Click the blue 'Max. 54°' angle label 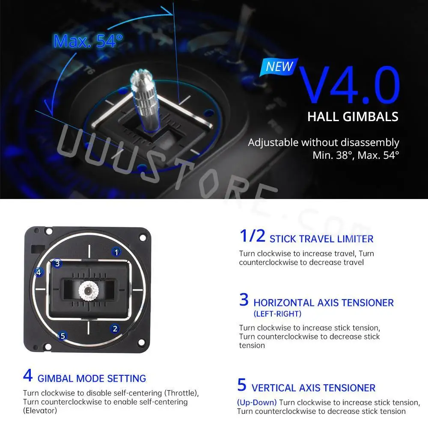[88, 41]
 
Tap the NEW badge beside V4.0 [279, 66]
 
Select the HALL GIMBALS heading [353, 116]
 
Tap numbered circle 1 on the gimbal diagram [116, 252]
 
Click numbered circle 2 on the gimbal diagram [115, 329]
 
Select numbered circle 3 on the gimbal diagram [58, 263]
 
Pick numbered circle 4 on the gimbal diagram [39, 272]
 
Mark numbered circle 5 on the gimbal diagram [62, 336]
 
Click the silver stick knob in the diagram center [88, 291]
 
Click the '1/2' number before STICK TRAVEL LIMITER [252, 236]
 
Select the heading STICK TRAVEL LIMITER [321, 239]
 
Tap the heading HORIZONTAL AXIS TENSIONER [323, 303]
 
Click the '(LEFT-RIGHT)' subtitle [277, 314]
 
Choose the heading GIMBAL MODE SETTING [92, 378]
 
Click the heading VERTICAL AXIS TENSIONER [313, 388]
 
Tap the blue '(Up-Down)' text [257, 402]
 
